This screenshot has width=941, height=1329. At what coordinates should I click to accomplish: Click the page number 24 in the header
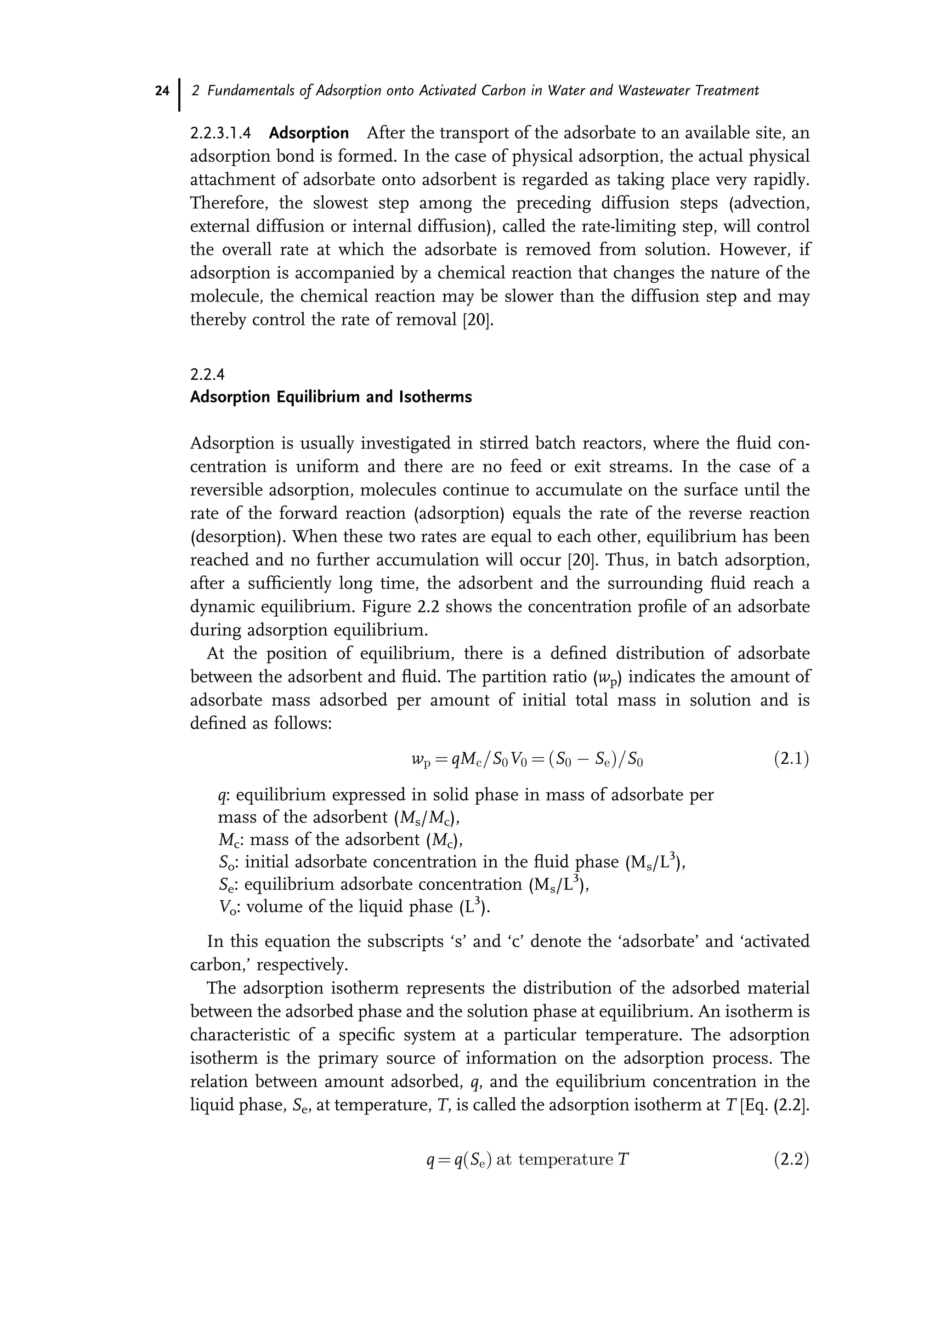click(162, 91)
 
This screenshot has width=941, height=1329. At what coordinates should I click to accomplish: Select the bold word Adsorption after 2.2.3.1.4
click(309, 133)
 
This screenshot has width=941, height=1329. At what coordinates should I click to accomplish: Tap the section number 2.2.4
click(207, 375)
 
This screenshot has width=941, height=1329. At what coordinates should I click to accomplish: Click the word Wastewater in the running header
click(655, 91)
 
